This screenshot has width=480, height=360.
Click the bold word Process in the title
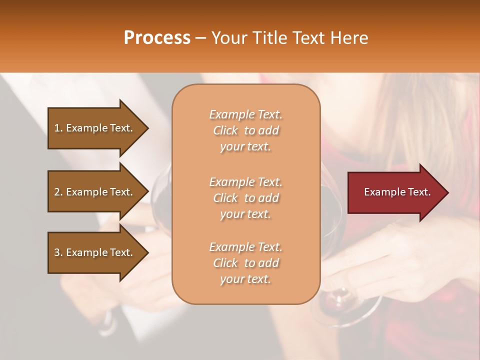click(157, 38)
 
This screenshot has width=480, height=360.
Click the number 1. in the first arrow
click(58, 128)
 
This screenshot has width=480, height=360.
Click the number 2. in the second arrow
click(58, 192)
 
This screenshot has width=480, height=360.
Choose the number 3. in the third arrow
click(58, 252)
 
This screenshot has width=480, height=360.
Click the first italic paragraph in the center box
click(245, 130)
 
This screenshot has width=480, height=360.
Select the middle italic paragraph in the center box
click(245, 198)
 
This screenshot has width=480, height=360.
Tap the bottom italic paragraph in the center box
click(245, 263)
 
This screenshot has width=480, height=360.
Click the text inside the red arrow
click(397, 192)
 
